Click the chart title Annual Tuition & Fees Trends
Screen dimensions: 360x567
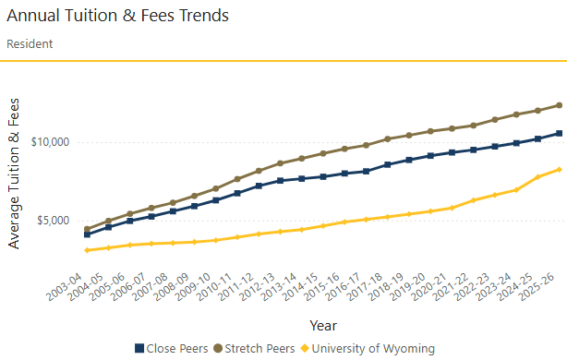117,16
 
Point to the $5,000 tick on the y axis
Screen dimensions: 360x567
52,221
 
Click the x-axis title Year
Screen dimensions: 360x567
322,325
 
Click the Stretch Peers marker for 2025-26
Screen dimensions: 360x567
559,105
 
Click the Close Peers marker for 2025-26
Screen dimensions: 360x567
559,133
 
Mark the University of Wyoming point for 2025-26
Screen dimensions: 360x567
559,169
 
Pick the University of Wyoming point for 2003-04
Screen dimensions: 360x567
87,250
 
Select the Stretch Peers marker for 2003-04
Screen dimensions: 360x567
87,229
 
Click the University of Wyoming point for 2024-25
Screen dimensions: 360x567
537,176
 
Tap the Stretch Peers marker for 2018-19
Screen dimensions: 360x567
387,139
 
